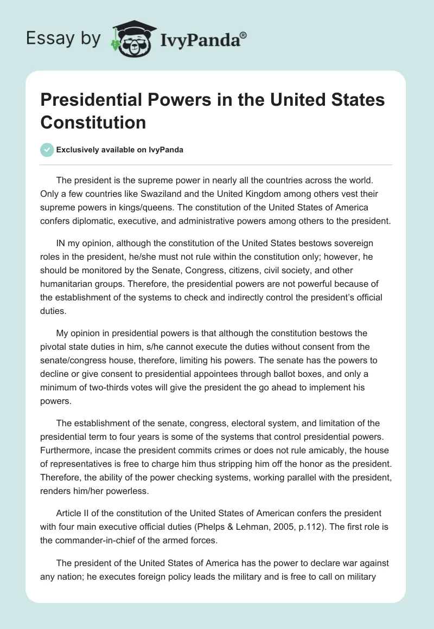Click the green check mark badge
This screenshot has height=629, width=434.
47,150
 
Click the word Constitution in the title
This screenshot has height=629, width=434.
93,122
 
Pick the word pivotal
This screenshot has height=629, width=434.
61,345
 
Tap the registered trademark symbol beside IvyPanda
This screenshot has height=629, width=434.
244,34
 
